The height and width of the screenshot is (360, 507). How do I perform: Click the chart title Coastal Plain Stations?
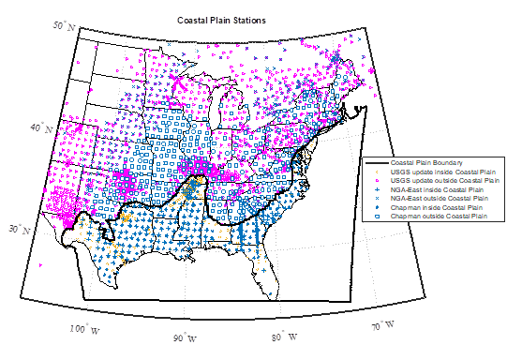(x=221, y=20)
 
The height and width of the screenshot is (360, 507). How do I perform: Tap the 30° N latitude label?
(x=18, y=228)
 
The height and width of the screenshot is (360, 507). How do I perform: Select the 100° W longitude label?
(x=84, y=327)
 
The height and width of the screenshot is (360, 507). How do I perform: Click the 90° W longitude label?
(x=184, y=337)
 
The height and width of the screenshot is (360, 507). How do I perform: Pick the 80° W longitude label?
(x=285, y=336)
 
